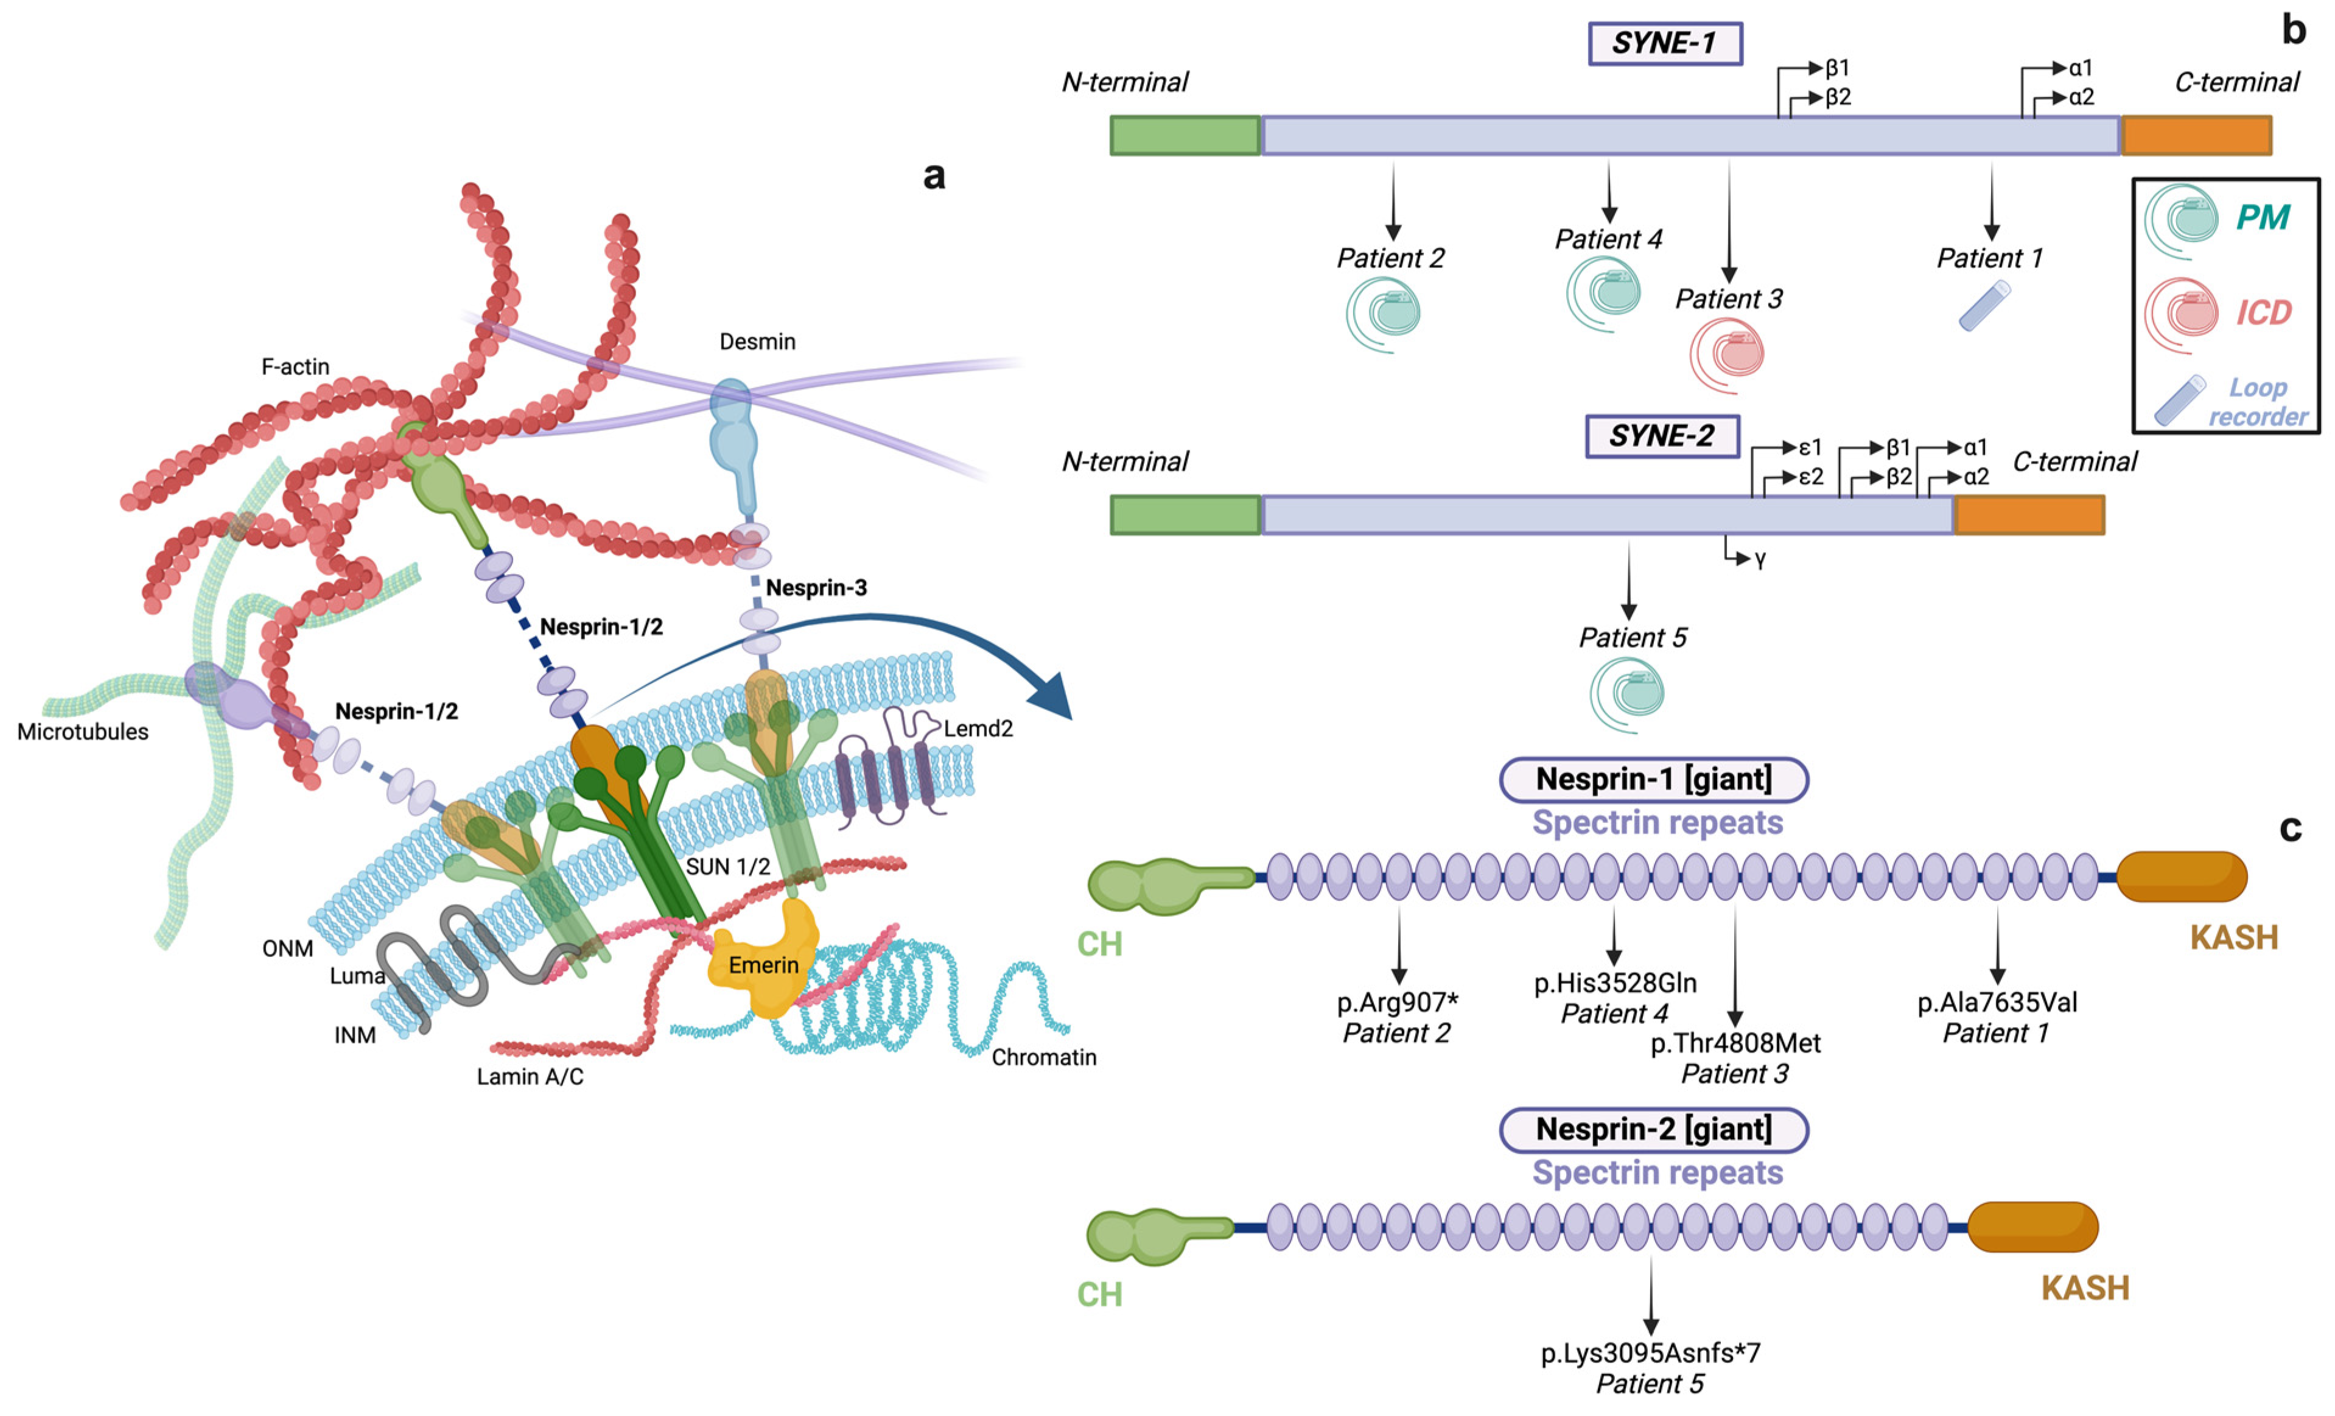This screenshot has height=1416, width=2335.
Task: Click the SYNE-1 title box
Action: coord(1664,44)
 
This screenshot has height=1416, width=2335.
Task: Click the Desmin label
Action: coord(757,341)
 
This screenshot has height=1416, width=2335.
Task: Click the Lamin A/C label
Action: coord(530,1077)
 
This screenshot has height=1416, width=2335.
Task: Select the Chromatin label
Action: coord(1043,1057)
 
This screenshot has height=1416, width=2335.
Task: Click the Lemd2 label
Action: coord(978,728)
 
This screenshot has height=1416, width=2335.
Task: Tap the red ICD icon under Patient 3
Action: coord(1727,354)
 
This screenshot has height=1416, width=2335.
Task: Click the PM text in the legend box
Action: coord(2263,218)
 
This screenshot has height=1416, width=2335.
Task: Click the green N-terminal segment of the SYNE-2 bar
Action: coord(1185,514)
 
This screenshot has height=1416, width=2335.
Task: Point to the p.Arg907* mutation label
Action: coord(1397,1002)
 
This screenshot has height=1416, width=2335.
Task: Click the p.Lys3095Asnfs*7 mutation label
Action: coord(1650,1353)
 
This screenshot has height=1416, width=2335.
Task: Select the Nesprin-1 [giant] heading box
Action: coord(1654,779)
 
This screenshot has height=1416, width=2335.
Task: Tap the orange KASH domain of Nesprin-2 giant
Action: coord(2032,1227)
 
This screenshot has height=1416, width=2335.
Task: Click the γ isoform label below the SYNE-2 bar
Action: coord(1760,560)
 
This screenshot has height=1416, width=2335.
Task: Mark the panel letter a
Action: coord(933,175)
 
